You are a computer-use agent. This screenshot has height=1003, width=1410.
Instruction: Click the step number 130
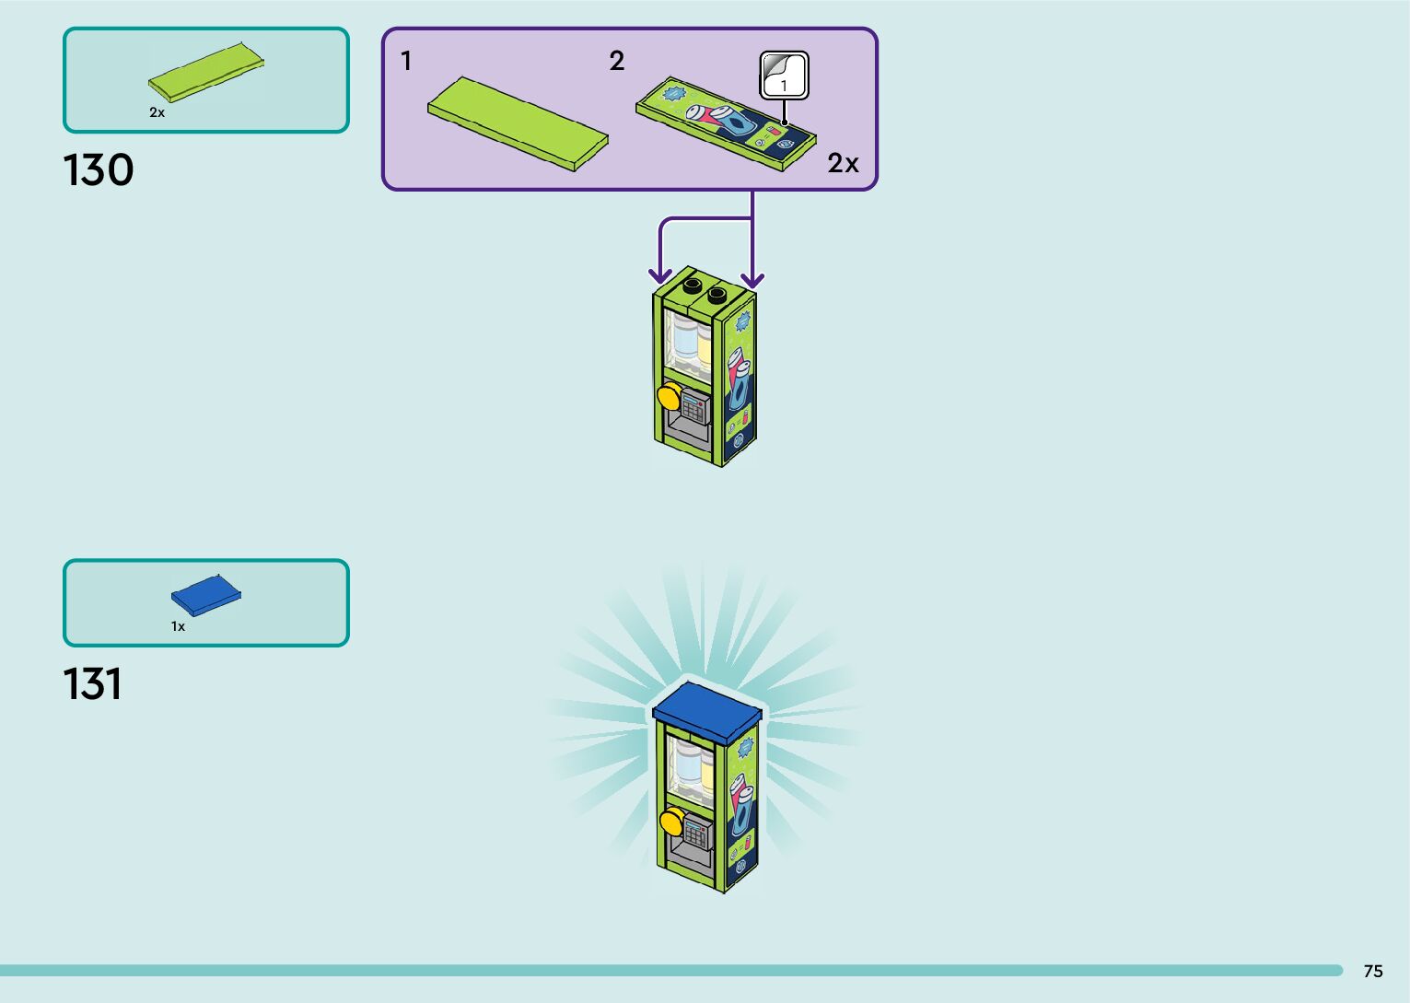[x=99, y=171]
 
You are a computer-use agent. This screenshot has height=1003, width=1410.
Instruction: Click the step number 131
[x=93, y=684]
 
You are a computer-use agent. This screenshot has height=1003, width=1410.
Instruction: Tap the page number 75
[x=1372, y=971]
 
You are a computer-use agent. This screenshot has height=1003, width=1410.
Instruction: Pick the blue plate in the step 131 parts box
[x=206, y=596]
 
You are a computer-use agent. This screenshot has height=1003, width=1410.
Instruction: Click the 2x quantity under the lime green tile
[x=157, y=112]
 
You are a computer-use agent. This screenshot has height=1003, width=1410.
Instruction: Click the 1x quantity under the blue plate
[x=178, y=626]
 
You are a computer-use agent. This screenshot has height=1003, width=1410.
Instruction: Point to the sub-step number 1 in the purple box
[x=406, y=62]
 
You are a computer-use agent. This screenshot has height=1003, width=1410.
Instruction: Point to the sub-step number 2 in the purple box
[x=617, y=62]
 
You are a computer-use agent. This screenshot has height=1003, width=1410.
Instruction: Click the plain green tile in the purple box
[x=518, y=123]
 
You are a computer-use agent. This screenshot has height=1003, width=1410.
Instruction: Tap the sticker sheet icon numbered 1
[x=784, y=76]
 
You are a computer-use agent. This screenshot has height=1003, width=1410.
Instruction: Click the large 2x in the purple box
[x=843, y=163]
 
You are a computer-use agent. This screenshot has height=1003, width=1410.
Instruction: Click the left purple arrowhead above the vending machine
[x=659, y=275]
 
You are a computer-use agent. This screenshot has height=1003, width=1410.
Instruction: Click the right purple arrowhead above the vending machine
[x=752, y=278]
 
